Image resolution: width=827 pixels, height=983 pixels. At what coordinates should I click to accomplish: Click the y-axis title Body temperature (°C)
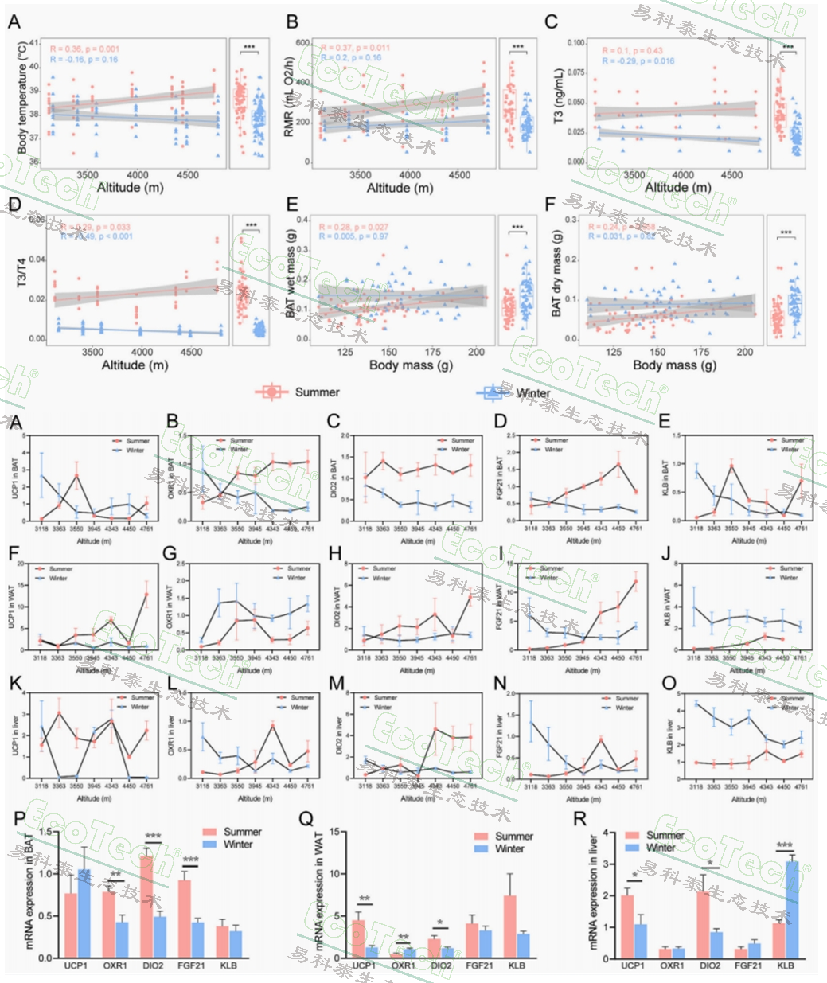tap(21, 99)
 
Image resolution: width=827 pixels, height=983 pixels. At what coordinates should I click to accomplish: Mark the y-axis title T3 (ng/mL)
tap(559, 99)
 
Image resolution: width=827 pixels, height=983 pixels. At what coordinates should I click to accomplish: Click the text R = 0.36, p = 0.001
tap(84, 49)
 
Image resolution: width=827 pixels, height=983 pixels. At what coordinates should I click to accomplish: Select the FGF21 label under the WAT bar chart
tap(480, 965)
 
